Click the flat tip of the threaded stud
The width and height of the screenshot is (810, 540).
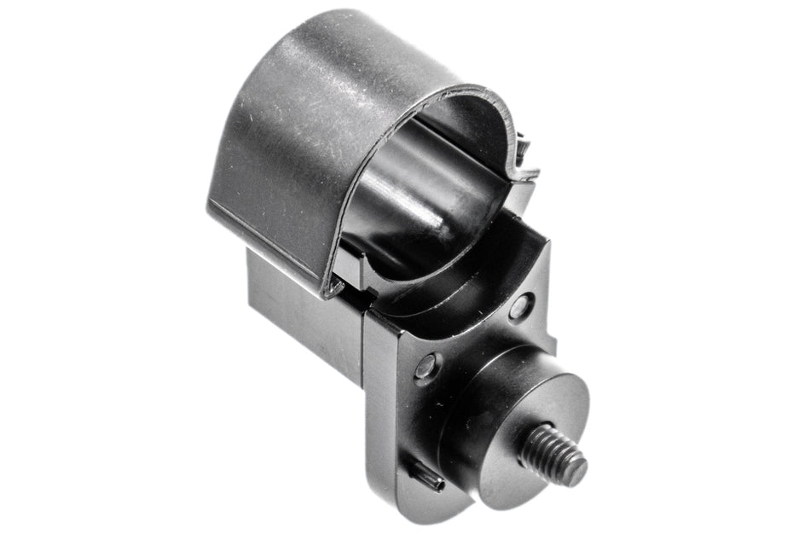coord(573,470)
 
